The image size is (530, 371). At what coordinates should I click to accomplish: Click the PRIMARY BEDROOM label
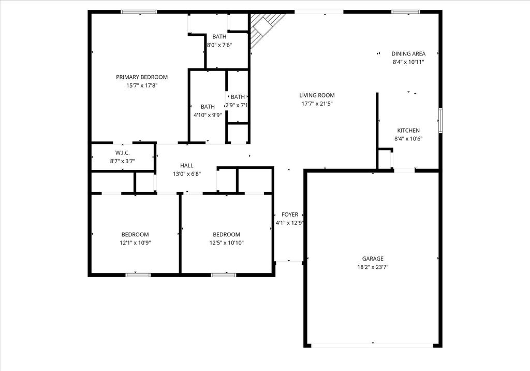tap(142, 77)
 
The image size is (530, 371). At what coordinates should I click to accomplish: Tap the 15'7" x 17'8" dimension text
tap(142, 85)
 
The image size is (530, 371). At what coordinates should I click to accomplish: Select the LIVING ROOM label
tap(317, 95)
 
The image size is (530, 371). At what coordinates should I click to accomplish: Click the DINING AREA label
tap(408, 54)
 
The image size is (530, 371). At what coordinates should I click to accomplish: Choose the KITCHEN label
tap(408, 131)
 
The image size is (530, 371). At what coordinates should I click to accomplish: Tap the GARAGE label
tap(373, 259)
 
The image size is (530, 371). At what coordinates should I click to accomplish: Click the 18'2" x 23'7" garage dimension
tap(373, 267)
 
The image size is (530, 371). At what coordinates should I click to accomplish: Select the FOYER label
tap(290, 215)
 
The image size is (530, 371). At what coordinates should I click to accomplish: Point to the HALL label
tap(186, 165)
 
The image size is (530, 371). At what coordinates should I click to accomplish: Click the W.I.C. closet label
tap(122, 153)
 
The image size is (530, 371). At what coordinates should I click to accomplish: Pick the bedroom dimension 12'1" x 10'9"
tap(135, 242)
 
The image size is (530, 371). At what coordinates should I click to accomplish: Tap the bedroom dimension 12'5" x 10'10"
tap(227, 242)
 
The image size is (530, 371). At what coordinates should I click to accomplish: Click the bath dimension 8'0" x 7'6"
tap(219, 45)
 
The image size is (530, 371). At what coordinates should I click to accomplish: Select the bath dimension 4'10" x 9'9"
tap(208, 115)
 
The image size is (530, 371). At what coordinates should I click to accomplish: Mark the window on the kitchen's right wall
tap(440, 120)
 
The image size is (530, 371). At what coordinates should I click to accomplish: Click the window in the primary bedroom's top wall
tap(139, 12)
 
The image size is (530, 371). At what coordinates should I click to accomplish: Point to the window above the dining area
tap(406, 12)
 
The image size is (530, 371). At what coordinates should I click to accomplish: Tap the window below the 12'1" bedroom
tap(138, 275)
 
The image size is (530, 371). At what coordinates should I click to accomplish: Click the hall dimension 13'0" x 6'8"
tap(187, 174)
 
